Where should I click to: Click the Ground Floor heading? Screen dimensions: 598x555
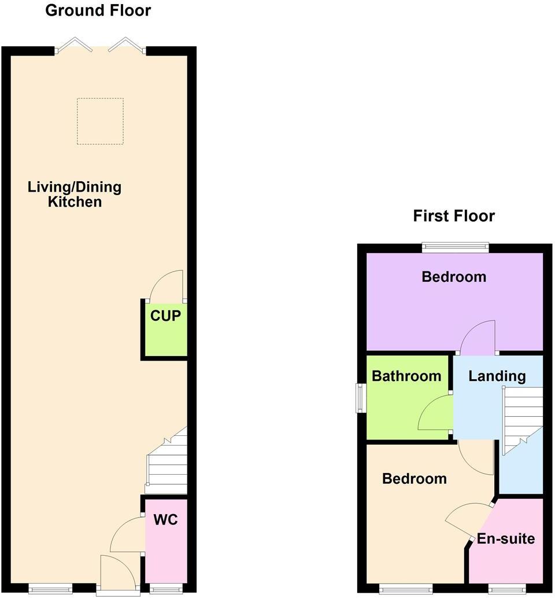[x=98, y=10]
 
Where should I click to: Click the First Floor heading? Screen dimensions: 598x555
[x=454, y=217]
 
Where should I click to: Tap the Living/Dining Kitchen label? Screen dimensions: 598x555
[x=75, y=195]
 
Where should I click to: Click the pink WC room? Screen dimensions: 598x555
[x=166, y=538]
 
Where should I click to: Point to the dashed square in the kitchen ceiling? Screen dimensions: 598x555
[x=100, y=121]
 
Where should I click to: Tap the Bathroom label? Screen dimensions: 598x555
[x=406, y=376]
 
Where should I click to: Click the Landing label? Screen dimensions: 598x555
[x=497, y=376]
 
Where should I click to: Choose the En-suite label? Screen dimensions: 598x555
[x=506, y=539]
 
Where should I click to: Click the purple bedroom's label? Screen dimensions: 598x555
[x=454, y=277]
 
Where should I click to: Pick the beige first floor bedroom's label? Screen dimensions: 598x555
[x=415, y=479]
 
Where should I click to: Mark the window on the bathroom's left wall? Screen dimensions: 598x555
[x=361, y=398]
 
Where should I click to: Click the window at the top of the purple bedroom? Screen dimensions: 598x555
[x=455, y=248]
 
